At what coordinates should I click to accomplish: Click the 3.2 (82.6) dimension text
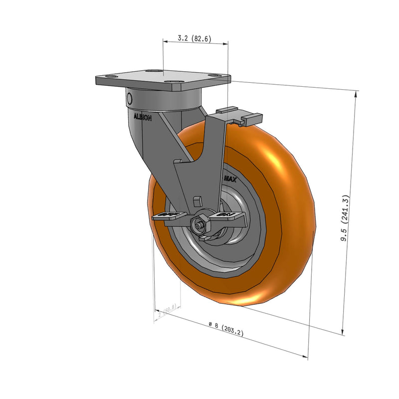(195, 38)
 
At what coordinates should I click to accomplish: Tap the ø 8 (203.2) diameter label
(226, 329)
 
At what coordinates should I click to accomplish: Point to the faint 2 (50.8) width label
(167, 310)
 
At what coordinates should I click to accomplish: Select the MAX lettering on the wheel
(230, 178)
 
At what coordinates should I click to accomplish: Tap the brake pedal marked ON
(230, 215)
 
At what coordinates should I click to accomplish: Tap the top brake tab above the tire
(227, 109)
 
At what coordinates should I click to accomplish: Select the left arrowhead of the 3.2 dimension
(165, 43)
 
